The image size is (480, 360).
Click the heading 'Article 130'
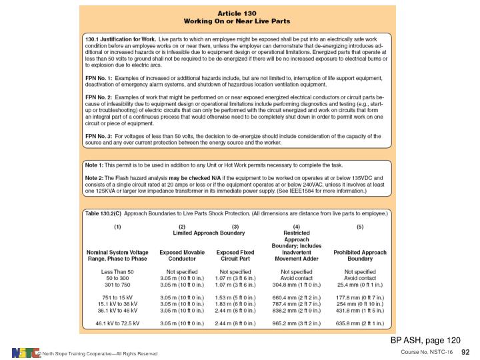point(237,13)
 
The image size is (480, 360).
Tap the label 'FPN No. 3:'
point(99,136)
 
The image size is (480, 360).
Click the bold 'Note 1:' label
point(95,164)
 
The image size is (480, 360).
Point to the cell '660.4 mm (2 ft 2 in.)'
point(297,297)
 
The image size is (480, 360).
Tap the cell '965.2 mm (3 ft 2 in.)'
point(297,323)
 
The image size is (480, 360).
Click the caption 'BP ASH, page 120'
point(425,340)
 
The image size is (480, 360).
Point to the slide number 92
point(466,351)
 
